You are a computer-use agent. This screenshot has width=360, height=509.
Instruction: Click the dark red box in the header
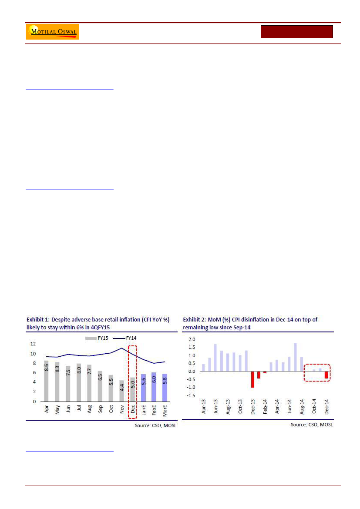click(296, 32)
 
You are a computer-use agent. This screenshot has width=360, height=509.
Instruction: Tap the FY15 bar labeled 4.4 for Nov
click(122, 391)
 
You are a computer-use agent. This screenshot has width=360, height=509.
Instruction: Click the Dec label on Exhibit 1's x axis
click(133, 410)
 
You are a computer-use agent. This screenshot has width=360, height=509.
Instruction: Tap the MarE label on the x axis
click(165, 412)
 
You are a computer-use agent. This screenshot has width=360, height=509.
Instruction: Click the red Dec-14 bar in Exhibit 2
click(326, 375)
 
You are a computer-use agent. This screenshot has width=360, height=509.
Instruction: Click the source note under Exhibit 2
click(312, 425)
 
